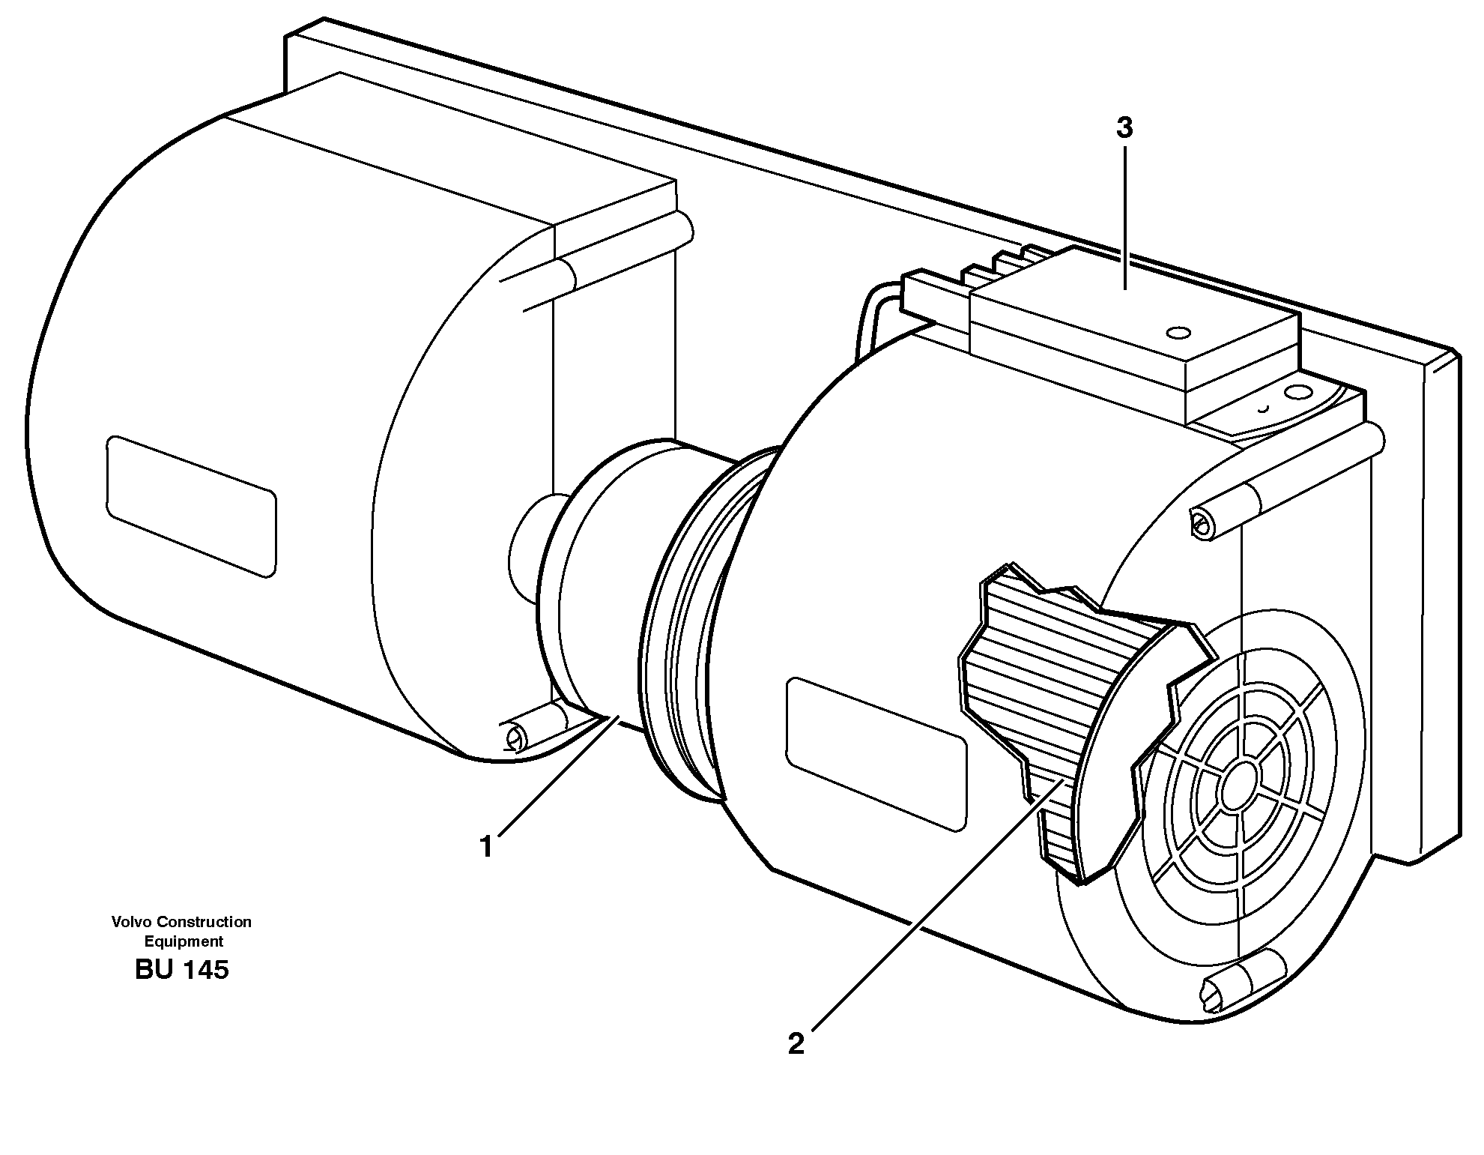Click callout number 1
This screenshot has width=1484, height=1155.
487,847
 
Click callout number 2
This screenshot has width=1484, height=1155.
796,1043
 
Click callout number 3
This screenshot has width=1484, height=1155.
1124,129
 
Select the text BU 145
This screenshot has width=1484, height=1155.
182,971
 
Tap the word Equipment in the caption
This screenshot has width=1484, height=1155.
184,942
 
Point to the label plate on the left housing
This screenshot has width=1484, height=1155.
191,507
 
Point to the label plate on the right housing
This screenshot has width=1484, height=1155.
876,754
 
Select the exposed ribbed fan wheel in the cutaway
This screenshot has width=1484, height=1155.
1049,697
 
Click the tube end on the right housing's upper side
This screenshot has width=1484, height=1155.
1202,523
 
